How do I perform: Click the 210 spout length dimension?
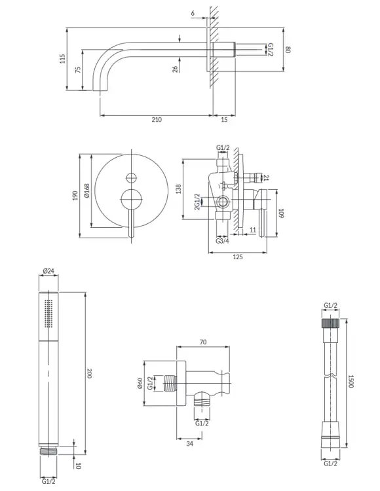pyautogui.click(x=157, y=119)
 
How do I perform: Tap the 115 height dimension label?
pyautogui.click(x=63, y=59)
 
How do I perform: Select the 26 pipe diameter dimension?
pyautogui.click(x=176, y=69)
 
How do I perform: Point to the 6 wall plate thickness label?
pyautogui.click(x=193, y=13)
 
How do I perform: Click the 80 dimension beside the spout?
pyautogui.click(x=288, y=50)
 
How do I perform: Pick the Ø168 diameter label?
pyautogui.click(x=86, y=191)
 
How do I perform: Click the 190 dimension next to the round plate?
pyautogui.click(x=75, y=196)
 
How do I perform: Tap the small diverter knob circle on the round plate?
pyautogui.click(x=132, y=178)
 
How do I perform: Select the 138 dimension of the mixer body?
pyautogui.click(x=179, y=189)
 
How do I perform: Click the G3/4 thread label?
pyautogui.click(x=222, y=241)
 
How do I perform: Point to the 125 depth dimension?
pyautogui.click(x=238, y=257)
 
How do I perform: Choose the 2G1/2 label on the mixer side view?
pyautogui.click(x=197, y=202)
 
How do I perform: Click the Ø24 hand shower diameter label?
pyautogui.click(x=48, y=271)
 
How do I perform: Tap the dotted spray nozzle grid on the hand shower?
pyautogui.click(x=48, y=314)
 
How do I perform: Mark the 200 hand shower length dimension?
pyautogui.click(x=89, y=373)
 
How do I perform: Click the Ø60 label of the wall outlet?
pyautogui.click(x=140, y=383)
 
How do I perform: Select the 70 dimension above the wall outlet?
pyautogui.click(x=203, y=342)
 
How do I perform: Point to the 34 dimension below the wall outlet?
pyautogui.click(x=189, y=443)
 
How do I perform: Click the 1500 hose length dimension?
pyautogui.click(x=351, y=382)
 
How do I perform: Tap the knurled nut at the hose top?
pyautogui.click(x=330, y=323)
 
